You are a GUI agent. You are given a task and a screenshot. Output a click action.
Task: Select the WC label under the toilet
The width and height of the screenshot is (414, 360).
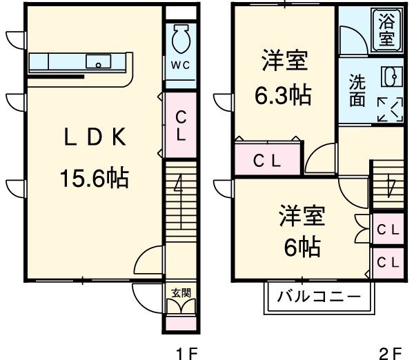click(x=181, y=66)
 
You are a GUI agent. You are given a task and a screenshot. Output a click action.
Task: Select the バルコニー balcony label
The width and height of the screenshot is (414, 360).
click(x=319, y=298)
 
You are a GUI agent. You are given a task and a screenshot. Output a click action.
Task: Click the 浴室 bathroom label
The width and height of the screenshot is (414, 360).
click(x=387, y=29)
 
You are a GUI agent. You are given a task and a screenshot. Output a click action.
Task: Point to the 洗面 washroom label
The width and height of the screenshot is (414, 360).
click(x=357, y=90)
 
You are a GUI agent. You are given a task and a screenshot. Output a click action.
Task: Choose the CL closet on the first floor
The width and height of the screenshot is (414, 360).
click(x=180, y=126)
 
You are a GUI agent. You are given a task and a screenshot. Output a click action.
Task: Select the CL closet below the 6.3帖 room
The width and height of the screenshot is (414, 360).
click(x=266, y=161)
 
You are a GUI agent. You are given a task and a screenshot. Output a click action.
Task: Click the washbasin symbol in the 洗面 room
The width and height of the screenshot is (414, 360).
click(x=388, y=75)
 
